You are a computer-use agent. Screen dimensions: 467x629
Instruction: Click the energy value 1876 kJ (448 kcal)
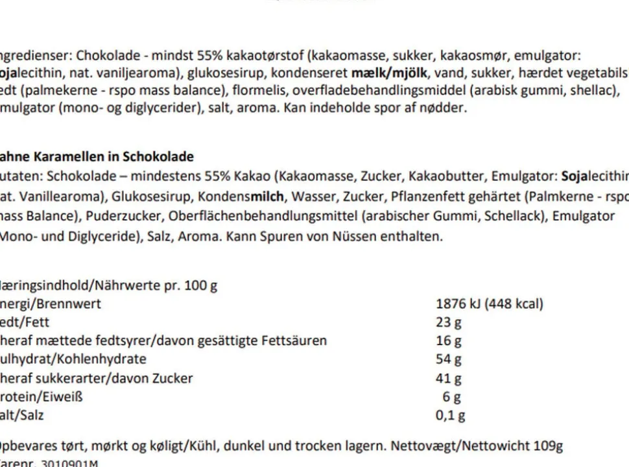(490, 304)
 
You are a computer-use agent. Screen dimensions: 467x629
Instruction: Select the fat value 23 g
(449, 322)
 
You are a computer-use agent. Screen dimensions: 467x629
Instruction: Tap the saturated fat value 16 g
(449, 341)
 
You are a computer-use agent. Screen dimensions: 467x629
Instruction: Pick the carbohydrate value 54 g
(449, 359)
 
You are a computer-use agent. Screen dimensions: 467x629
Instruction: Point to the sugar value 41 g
(449, 378)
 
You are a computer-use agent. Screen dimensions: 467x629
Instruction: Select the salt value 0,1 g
(451, 416)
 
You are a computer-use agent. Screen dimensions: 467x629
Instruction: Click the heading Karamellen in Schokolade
(113, 157)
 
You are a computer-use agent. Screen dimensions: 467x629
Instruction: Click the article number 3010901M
(69, 463)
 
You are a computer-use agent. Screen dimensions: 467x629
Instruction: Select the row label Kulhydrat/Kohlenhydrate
(73, 359)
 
